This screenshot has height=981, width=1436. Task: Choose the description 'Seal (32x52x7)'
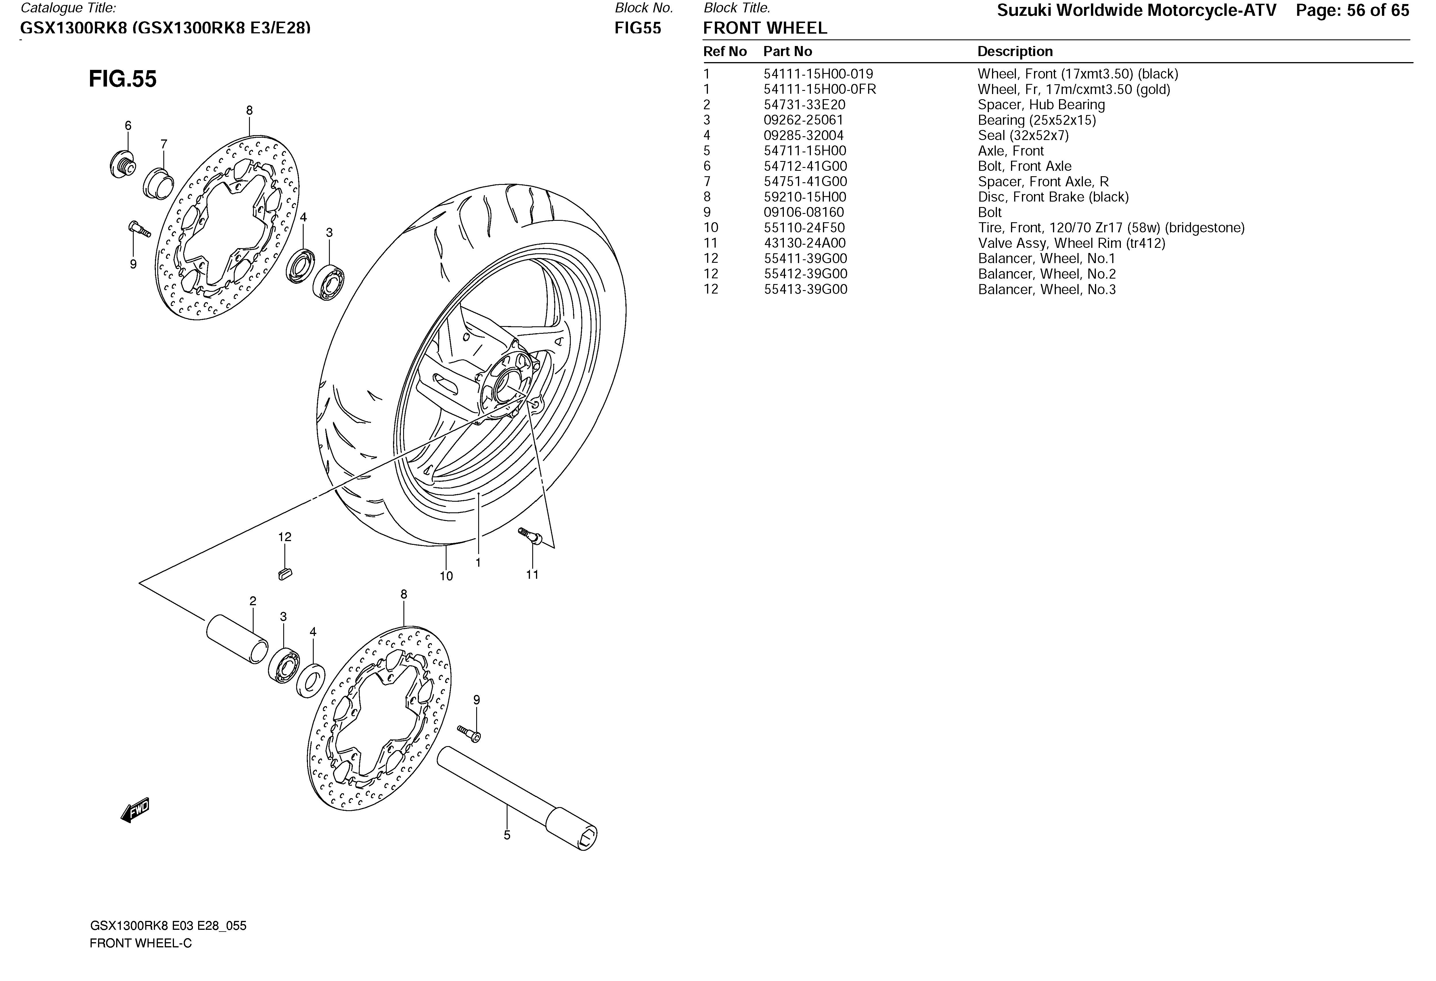(x=1023, y=135)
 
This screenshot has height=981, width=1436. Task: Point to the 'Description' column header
(x=1014, y=51)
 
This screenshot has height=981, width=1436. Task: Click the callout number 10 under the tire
(x=446, y=576)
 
